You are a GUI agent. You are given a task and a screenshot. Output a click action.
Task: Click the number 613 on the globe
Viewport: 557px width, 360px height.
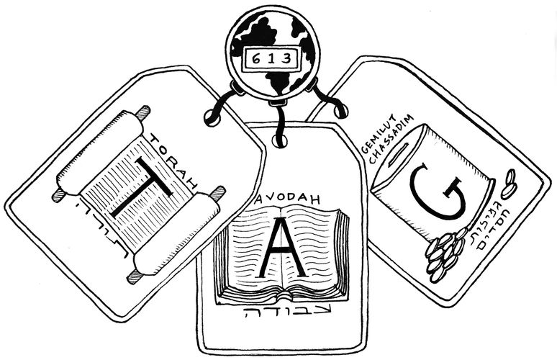271,58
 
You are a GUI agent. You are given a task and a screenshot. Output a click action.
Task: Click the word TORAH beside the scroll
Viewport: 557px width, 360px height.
173,161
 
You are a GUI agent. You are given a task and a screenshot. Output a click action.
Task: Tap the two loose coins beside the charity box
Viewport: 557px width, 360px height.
508,184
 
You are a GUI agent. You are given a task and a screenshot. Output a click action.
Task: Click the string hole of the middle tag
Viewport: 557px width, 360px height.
279,140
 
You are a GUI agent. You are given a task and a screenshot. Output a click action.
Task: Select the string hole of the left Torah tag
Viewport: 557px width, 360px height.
212,117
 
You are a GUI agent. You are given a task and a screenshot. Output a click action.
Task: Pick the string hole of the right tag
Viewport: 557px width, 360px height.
340,111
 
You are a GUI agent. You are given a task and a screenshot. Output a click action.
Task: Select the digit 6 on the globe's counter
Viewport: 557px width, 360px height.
256,58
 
